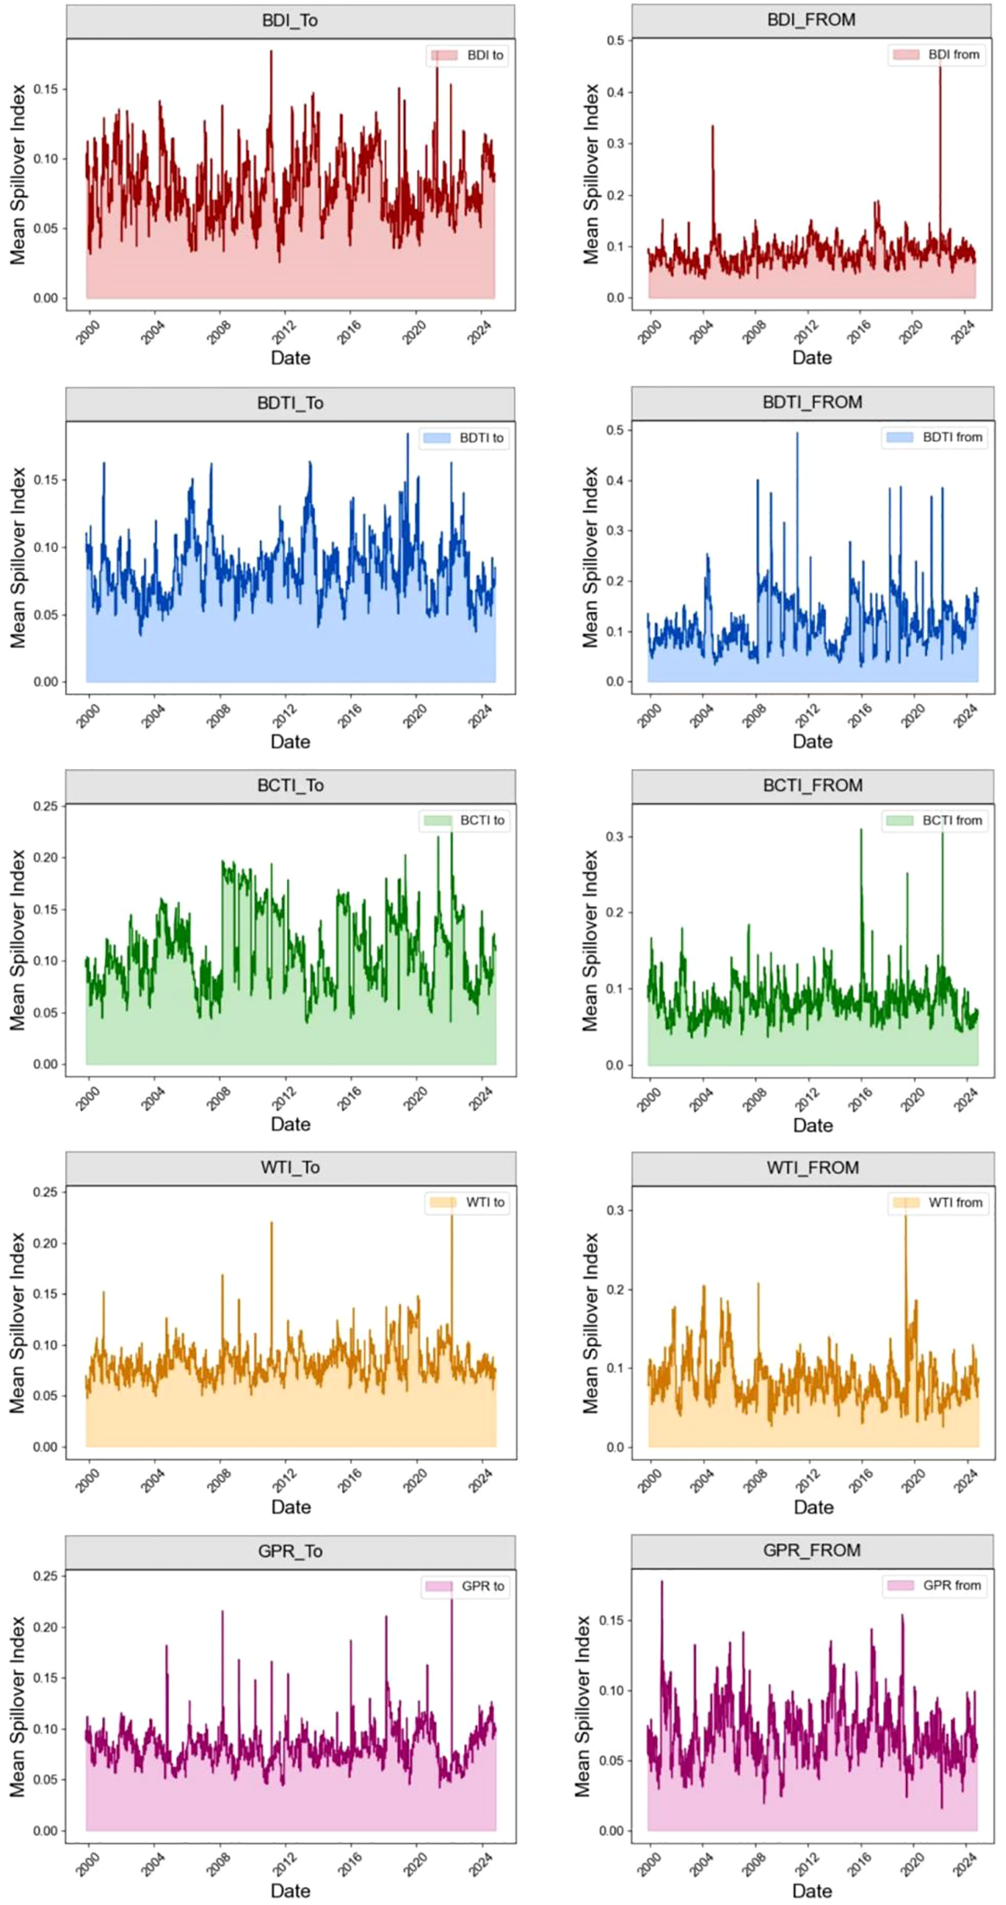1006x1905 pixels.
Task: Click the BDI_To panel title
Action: pyautogui.click(x=289, y=20)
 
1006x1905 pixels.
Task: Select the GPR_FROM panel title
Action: pyautogui.click(x=812, y=1550)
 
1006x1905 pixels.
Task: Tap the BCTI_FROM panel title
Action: pyautogui.click(x=812, y=785)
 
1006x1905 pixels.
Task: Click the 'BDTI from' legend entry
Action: pyautogui.click(x=935, y=437)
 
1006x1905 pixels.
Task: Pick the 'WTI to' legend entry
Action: pyautogui.click(x=467, y=1202)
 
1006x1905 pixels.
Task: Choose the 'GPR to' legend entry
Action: pyautogui.click(x=465, y=1586)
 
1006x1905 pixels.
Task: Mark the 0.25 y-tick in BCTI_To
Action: pyautogui.click(x=47, y=806)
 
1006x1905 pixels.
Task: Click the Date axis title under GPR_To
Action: pyautogui.click(x=289, y=1891)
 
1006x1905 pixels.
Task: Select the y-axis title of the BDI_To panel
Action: pyautogui.click(x=18, y=174)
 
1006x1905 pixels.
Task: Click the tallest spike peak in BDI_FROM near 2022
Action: pyautogui.click(x=940, y=61)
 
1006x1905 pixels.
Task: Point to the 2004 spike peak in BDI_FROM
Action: pyautogui.click(x=712, y=126)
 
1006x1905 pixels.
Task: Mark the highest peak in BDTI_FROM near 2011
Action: pyautogui.click(x=796, y=434)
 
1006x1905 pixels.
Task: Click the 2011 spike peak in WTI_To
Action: pyautogui.click(x=272, y=1222)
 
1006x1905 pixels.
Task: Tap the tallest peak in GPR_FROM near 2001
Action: pyautogui.click(x=662, y=1582)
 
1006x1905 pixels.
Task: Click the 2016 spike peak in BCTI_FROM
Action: pyautogui.click(x=861, y=830)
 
